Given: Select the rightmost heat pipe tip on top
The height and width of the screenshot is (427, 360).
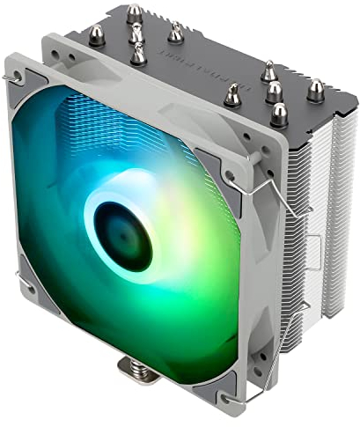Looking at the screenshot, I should [x=315, y=90].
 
